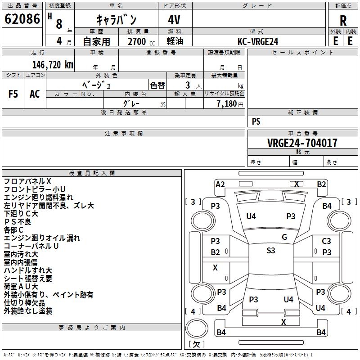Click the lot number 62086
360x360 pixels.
(22, 20)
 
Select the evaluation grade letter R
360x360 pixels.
(343, 21)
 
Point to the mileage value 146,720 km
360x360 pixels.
(53, 65)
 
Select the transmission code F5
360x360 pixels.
(13, 94)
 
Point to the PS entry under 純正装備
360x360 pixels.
(256, 121)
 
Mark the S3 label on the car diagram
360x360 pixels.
(270, 251)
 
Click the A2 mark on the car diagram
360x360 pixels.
(220, 184)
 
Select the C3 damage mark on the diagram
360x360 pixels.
(326, 242)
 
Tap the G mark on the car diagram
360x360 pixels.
(284, 237)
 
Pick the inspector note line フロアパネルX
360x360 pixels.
(27, 181)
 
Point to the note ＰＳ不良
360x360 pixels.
(18, 222)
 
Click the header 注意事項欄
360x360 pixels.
(123, 134)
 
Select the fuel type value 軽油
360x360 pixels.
(174, 41)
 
